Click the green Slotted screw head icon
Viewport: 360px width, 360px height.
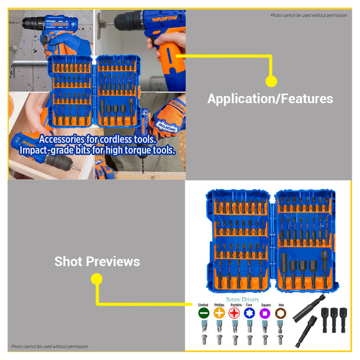203,313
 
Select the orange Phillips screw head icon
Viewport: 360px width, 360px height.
219,313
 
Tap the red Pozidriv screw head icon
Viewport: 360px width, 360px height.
235,313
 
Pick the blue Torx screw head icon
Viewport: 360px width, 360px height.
249,313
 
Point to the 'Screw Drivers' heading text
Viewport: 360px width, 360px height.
242,299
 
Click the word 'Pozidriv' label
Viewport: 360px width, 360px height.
235,305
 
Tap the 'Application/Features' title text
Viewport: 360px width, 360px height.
270,99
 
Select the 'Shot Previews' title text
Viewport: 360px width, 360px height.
97,261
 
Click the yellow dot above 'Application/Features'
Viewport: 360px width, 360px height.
271,81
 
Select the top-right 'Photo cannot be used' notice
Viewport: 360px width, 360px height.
309,15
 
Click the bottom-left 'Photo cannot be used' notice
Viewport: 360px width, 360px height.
50,347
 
